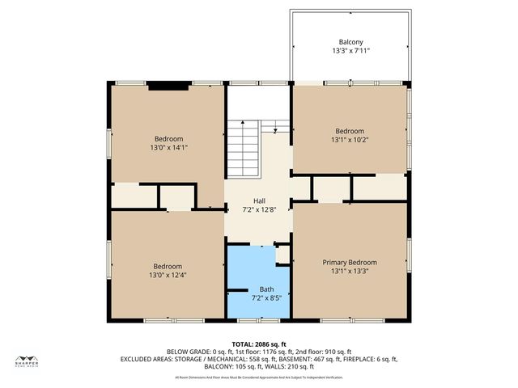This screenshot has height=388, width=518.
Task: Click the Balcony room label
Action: (350, 42)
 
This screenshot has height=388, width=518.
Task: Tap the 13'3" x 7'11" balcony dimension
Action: (350, 51)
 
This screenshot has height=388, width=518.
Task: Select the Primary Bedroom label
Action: (350, 263)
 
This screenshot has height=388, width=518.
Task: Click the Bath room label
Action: (266, 289)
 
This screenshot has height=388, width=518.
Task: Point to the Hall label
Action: (259, 201)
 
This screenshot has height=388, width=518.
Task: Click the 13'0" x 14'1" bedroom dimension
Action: (168, 148)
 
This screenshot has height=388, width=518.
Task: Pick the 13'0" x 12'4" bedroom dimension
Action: (168, 276)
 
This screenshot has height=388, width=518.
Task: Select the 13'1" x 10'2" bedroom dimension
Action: (350, 141)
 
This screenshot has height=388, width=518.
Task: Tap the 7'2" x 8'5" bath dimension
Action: (266, 298)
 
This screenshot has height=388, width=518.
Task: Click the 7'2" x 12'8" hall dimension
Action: (259, 210)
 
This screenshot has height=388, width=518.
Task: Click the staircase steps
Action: (243, 150)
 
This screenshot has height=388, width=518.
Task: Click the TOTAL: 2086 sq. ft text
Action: (259, 344)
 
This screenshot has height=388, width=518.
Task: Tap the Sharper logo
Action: (26, 361)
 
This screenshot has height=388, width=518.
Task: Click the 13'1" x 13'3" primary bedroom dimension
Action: (350, 272)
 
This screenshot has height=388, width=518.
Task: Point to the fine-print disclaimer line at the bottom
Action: (259, 377)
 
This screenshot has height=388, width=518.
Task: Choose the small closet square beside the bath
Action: (282, 255)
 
